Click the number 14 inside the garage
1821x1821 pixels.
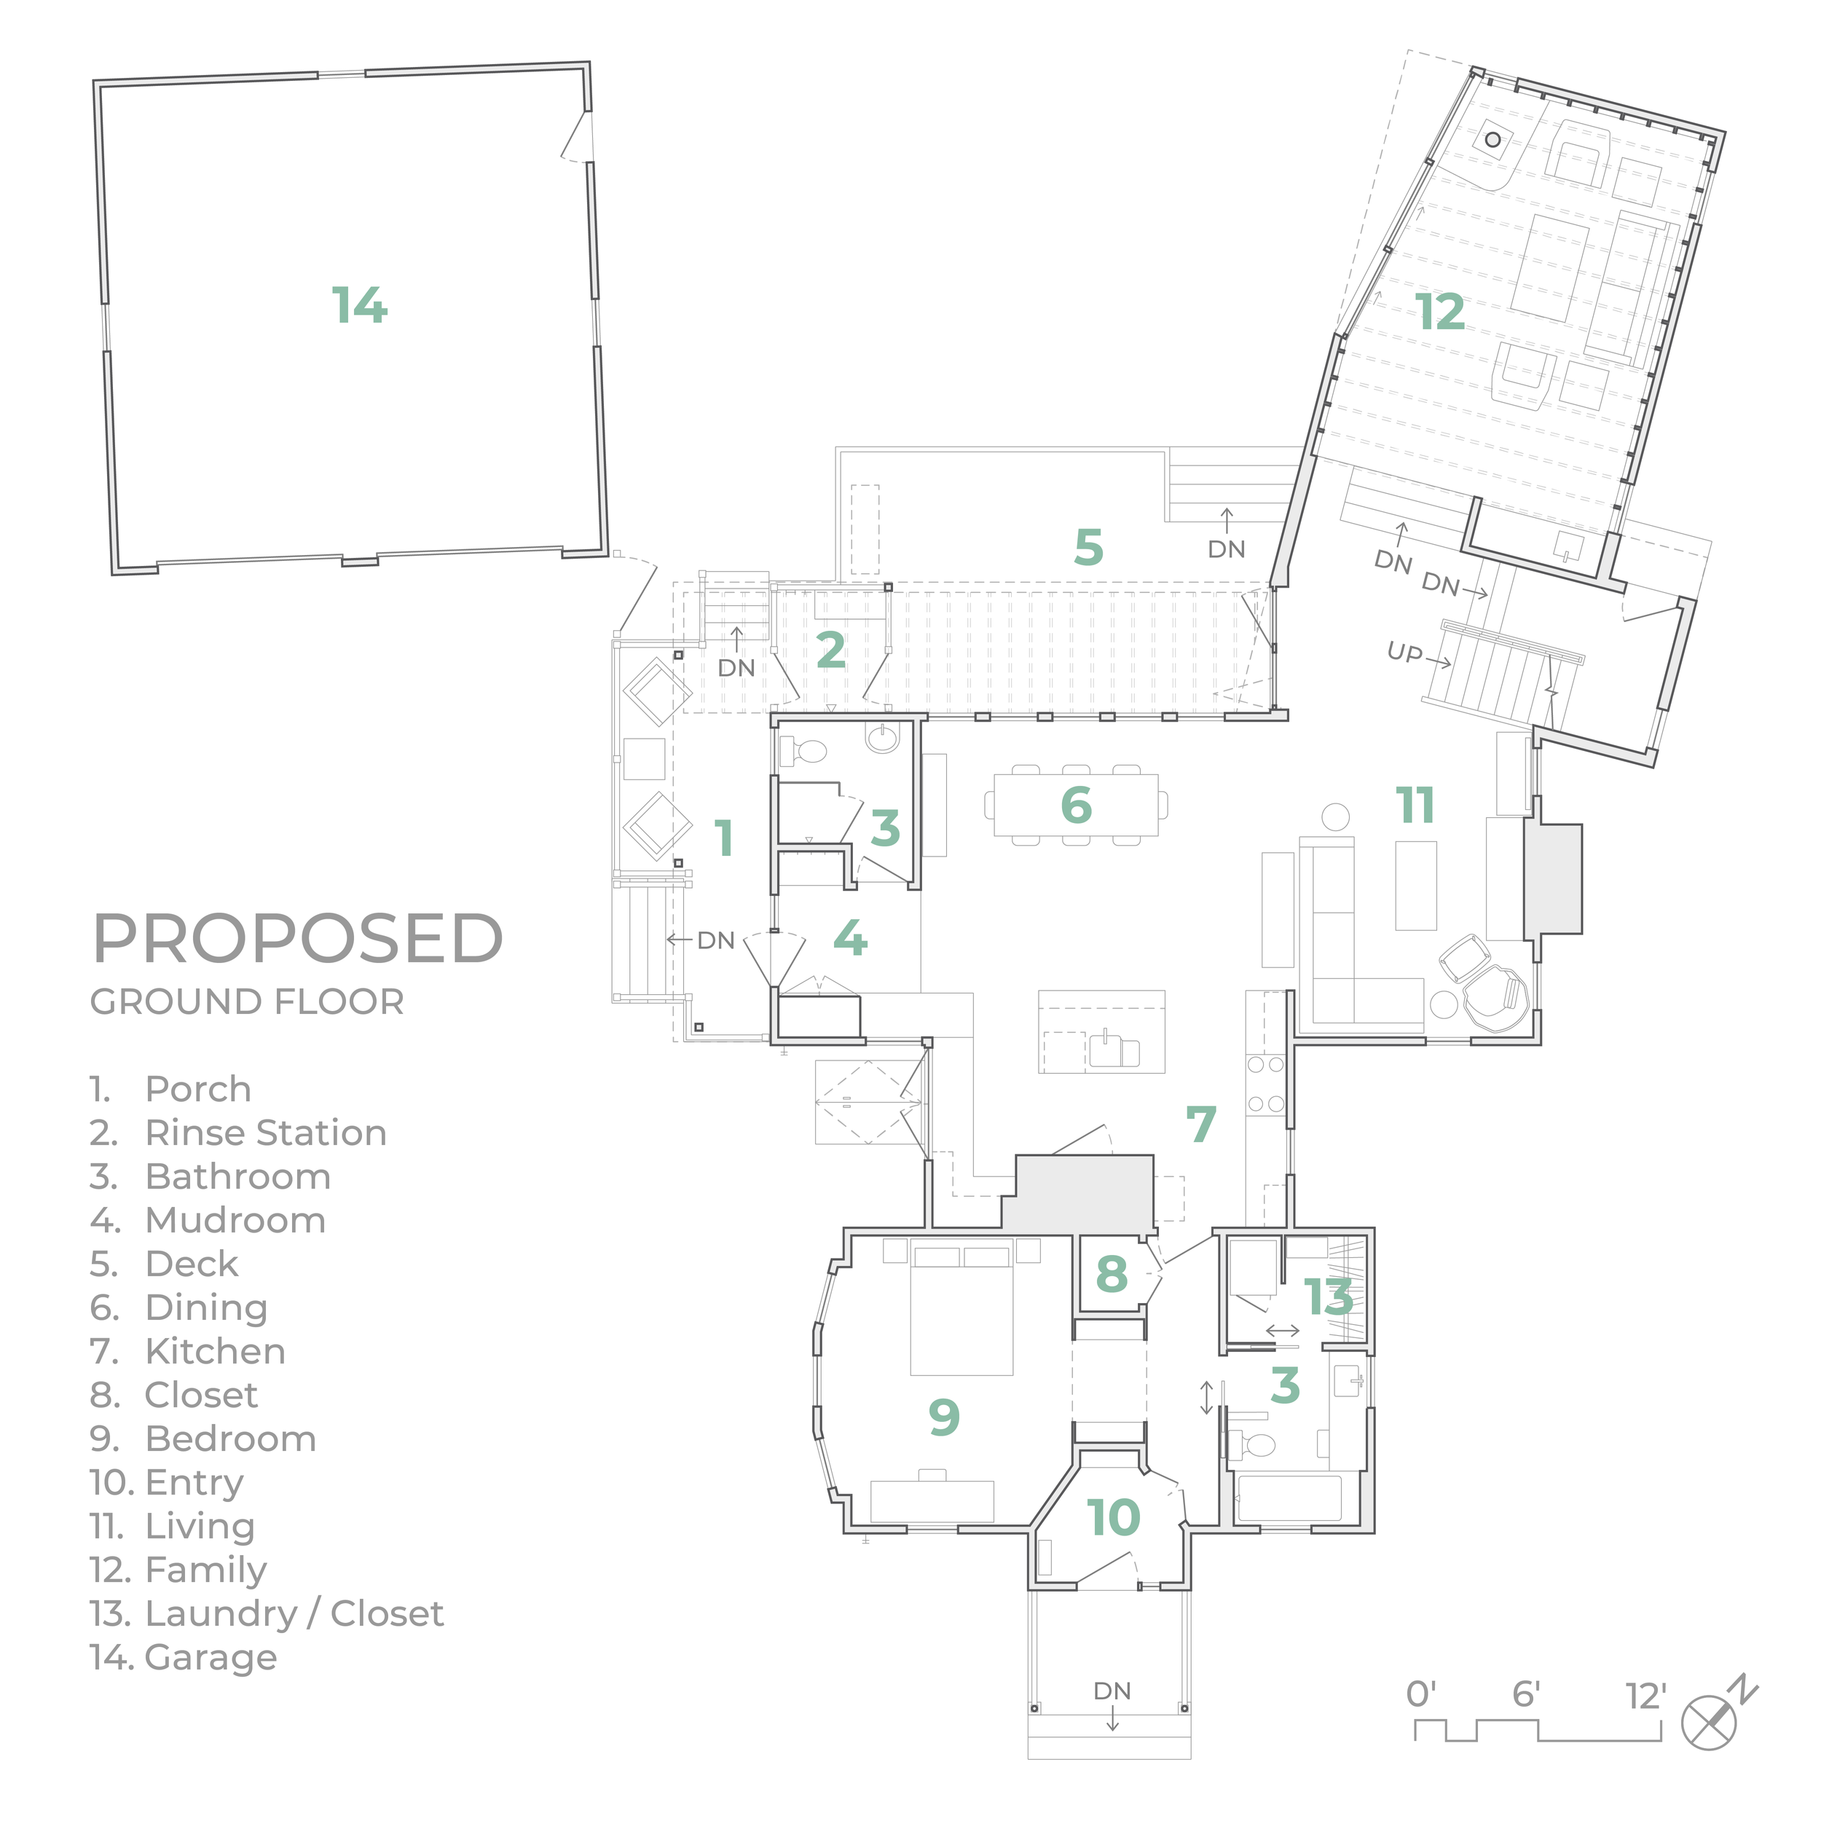tap(359, 305)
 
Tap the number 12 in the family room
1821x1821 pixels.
tap(1440, 312)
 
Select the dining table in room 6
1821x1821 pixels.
tap(1075, 805)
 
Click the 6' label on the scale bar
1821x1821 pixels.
tap(1526, 1695)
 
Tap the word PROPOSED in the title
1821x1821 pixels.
tap(298, 938)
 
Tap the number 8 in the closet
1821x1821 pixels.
tap(1112, 1273)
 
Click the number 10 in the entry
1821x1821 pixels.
tap(1114, 1517)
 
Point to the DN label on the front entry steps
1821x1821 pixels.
tap(1112, 1690)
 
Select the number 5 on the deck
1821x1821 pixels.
tap(1089, 547)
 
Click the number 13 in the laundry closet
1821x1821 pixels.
tap(1329, 1298)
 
